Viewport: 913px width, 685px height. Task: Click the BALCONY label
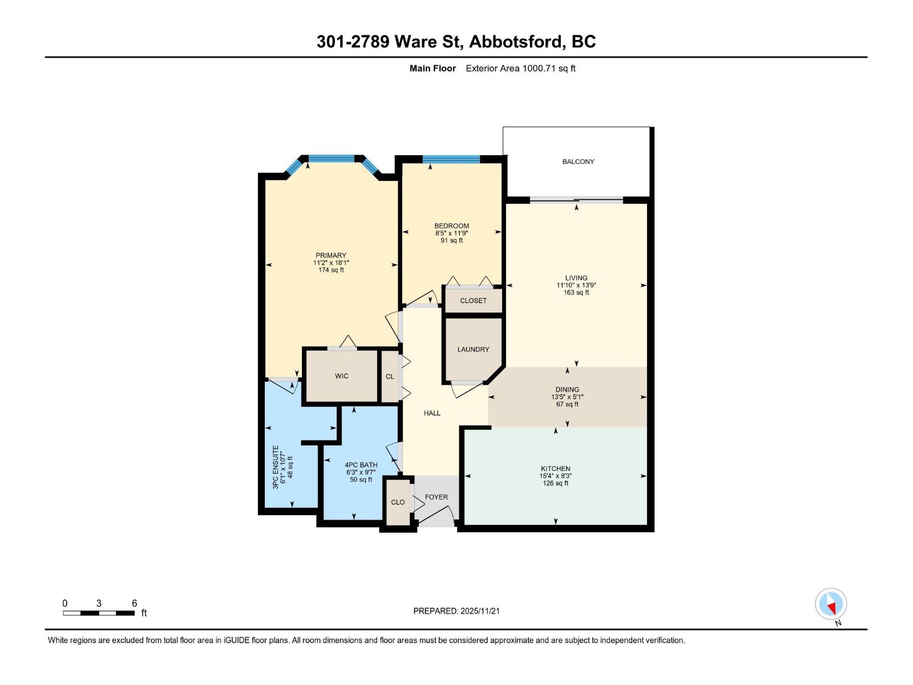[x=578, y=162]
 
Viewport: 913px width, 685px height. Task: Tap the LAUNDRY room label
[x=473, y=349]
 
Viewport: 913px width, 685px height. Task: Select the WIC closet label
[x=341, y=376]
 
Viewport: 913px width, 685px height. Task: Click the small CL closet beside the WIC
[x=390, y=377]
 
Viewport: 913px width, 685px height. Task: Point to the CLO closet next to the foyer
[x=398, y=502]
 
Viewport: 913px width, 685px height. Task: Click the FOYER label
[x=436, y=497]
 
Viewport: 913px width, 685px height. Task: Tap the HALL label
[x=432, y=413]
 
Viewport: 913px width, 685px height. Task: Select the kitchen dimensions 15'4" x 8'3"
[x=555, y=476]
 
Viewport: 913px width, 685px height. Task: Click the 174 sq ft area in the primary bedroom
[x=331, y=270]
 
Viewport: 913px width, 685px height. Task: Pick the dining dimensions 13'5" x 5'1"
[x=567, y=397]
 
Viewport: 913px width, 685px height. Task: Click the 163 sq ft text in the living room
[x=576, y=292]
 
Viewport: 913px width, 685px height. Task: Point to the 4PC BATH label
[x=361, y=465]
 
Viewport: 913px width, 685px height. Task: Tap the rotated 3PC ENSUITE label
[x=276, y=467]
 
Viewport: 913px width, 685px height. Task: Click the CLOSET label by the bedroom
[x=473, y=301]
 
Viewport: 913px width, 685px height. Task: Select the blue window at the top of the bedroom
[x=451, y=159]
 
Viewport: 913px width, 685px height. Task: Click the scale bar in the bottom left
[x=99, y=613]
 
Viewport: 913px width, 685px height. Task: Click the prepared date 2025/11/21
[x=479, y=611]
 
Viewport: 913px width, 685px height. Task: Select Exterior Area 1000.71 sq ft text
[x=520, y=68]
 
